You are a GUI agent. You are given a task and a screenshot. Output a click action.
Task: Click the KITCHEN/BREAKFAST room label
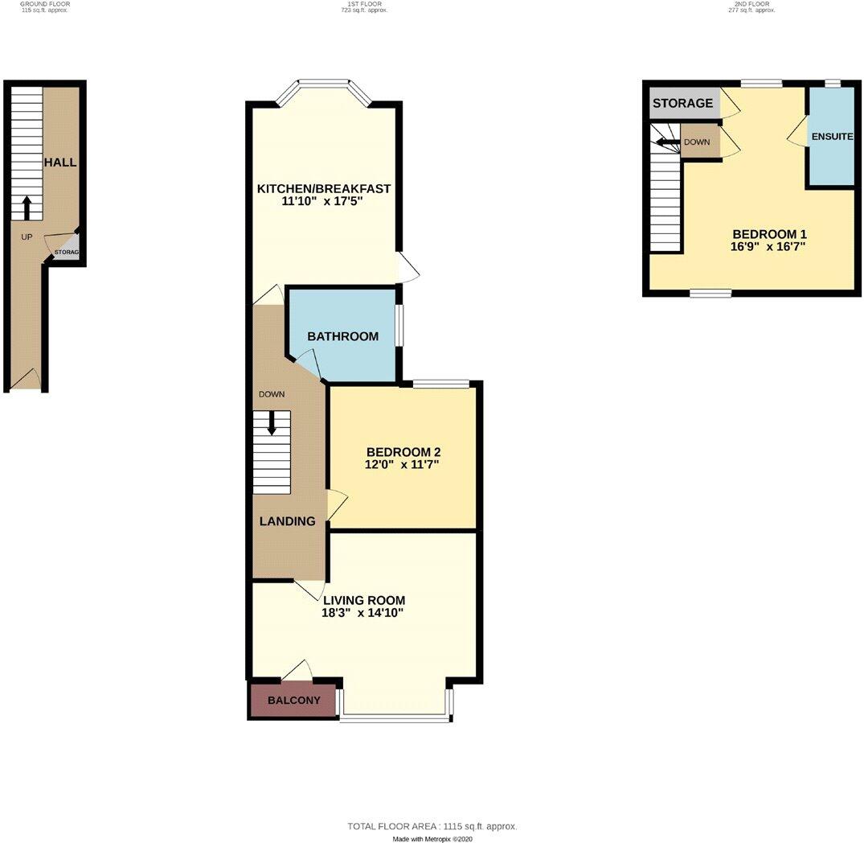tap(324, 189)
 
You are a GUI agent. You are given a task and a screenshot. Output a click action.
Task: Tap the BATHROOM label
tap(342, 336)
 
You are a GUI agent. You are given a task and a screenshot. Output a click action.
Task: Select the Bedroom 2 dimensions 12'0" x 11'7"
tap(403, 465)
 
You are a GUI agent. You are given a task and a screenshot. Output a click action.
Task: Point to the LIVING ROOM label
tap(364, 600)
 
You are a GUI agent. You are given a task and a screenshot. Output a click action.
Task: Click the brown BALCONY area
tap(293, 701)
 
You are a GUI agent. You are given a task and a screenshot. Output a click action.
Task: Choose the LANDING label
tap(287, 521)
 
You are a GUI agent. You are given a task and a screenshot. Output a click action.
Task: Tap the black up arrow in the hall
tap(26, 208)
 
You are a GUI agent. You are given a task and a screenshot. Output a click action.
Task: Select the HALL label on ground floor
tap(60, 162)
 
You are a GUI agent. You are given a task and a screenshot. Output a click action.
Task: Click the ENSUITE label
tap(832, 137)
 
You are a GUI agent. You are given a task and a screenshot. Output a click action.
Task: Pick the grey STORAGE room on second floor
tap(682, 104)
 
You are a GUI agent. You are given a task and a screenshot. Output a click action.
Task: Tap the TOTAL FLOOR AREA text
tap(432, 826)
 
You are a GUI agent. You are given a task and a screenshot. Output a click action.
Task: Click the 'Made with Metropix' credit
tap(432, 838)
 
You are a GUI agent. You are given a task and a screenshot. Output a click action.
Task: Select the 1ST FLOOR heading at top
tap(358, 4)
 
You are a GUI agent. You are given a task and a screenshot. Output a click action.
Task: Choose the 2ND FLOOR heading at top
tap(752, 4)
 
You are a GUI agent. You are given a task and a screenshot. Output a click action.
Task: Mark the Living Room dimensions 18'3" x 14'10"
tap(362, 613)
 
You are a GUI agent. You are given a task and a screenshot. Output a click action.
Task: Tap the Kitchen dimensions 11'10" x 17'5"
tap(323, 202)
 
